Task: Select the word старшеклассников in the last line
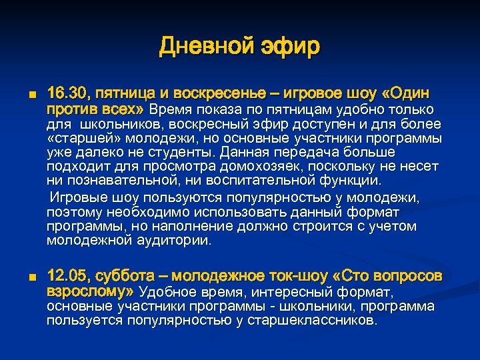(313, 321)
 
